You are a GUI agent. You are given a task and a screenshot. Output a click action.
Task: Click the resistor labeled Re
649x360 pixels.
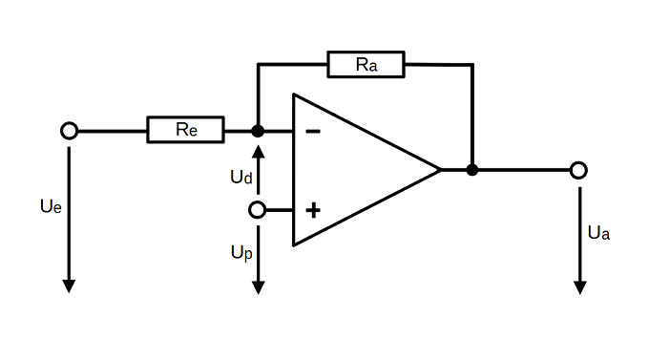tap(185, 130)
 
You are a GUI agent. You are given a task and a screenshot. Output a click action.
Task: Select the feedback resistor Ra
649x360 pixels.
tap(366, 64)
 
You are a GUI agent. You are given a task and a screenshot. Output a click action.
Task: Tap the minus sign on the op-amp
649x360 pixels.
tap(313, 132)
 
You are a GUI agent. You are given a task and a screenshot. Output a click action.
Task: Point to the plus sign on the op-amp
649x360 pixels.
tap(313, 210)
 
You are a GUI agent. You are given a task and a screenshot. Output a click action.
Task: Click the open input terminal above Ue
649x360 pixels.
tap(69, 131)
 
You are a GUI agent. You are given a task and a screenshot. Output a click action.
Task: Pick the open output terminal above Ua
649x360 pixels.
tap(578, 170)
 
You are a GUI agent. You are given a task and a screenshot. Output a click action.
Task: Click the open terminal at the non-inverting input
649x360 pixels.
tap(257, 210)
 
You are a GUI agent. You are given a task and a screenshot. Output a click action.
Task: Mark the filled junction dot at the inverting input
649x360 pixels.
tap(258, 131)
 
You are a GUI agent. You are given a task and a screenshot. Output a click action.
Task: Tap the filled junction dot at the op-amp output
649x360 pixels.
tap(472, 170)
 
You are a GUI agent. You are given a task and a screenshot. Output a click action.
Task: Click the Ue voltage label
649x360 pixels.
tap(51, 206)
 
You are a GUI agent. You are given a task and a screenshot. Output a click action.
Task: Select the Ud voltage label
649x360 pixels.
tap(241, 177)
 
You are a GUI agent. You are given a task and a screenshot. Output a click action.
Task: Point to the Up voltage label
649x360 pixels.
tap(241, 253)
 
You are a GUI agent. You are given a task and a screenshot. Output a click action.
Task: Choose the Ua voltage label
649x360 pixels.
tap(598, 233)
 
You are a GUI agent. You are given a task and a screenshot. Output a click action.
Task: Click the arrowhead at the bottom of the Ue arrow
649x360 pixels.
tap(69, 286)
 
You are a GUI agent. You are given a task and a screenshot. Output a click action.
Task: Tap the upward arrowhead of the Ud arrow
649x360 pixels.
tap(259, 151)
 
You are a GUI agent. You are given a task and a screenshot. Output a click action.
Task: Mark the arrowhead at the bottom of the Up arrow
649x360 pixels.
tap(259, 288)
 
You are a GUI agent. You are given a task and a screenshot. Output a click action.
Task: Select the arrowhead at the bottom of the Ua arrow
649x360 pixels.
tap(580, 288)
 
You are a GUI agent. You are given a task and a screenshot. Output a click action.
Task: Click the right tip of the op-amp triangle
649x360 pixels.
tap(440, 170)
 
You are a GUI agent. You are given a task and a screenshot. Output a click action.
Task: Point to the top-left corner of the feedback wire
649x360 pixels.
tap(258, 65)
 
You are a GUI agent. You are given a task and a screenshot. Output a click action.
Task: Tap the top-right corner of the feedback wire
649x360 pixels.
tap(472, 65)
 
